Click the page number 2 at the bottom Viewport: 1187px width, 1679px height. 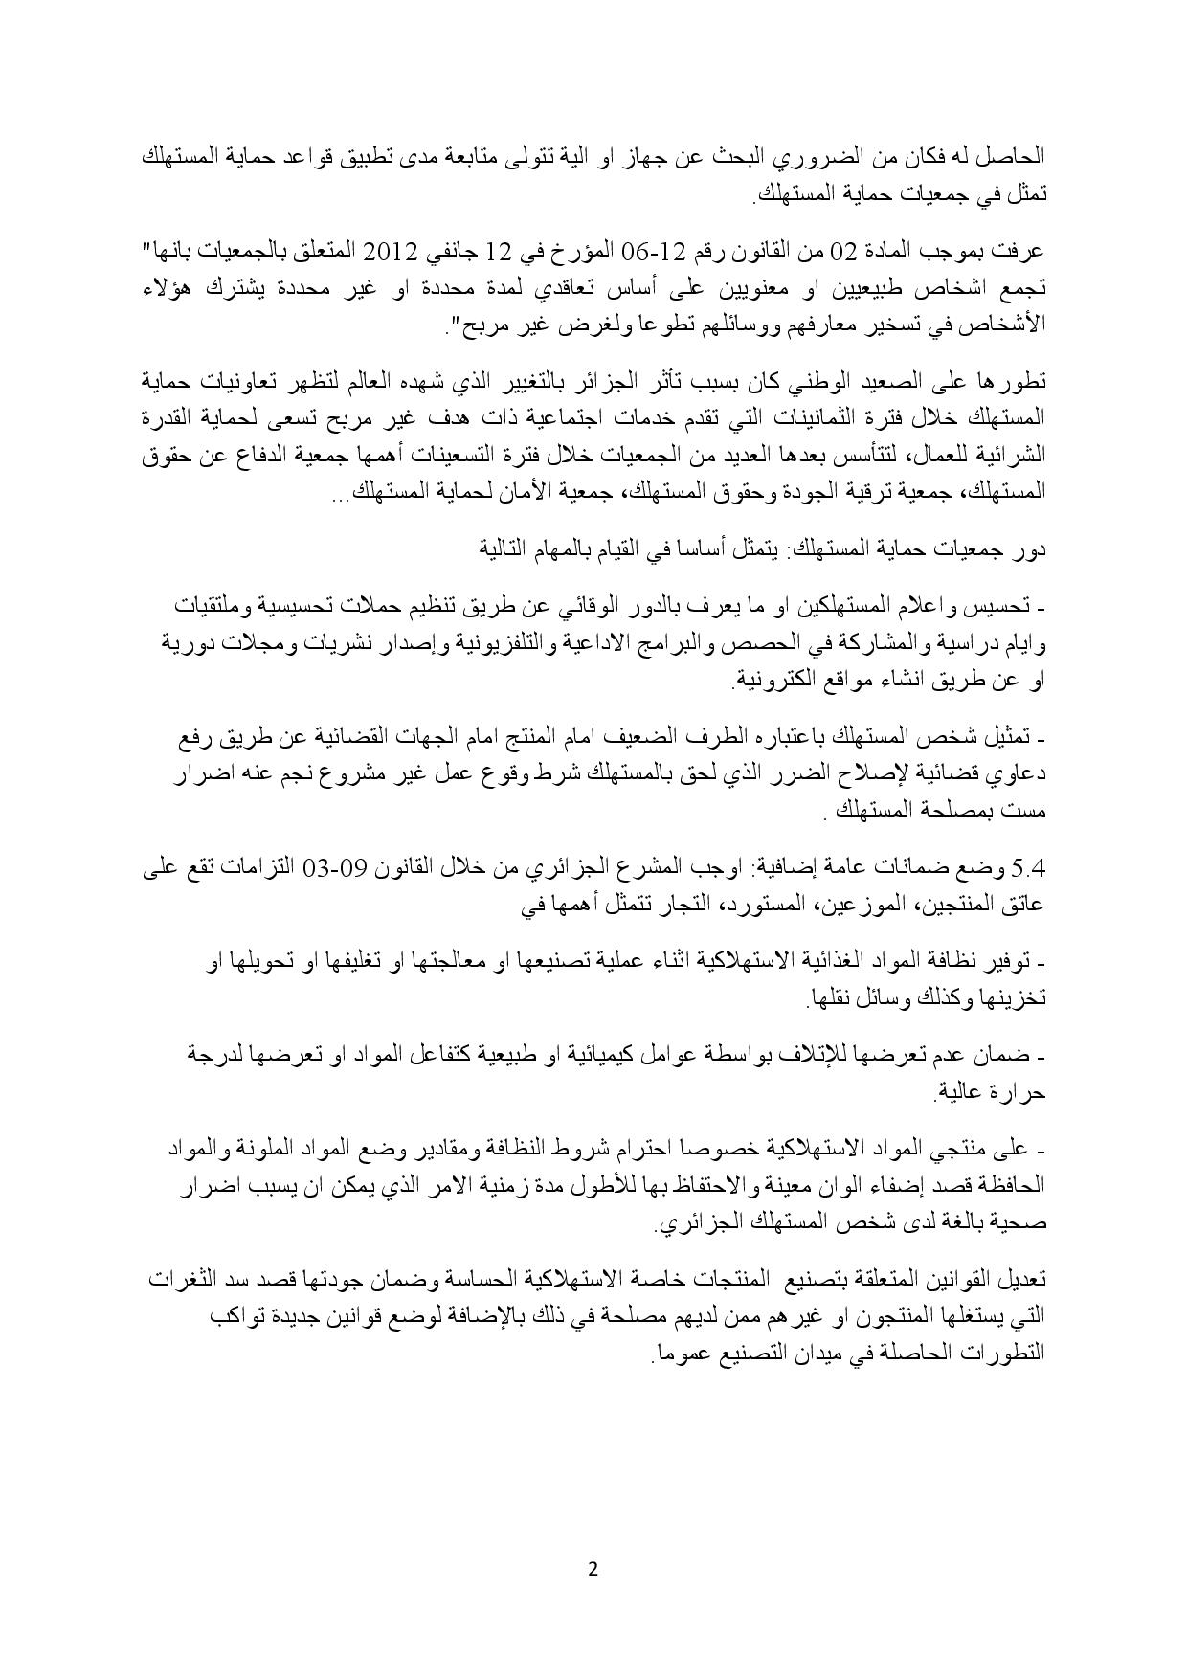click(593, 1569)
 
